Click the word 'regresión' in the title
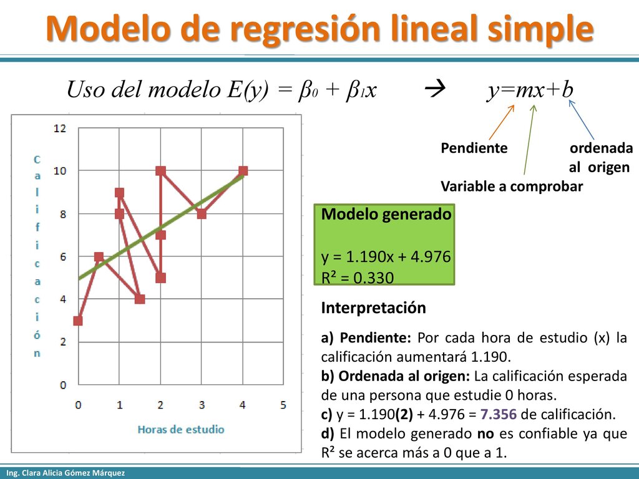coord(306,29)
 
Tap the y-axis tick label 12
coord(59,128)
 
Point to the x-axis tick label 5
coord(283,405)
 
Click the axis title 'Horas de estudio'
coord(181,429)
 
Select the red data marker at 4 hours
coord(243,171)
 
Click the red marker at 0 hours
coord(78,321)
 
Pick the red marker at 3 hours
coord(202,213)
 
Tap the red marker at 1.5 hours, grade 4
coord(140,299)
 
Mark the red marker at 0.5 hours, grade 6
coord(99,256)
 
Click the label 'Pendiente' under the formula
coord(474,148)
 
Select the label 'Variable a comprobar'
coord(512,186)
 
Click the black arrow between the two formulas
coord(435,89)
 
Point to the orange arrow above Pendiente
coord(502,122)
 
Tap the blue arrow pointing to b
coord(581,120)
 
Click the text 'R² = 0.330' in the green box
coord(358,278)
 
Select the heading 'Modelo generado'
coord(386,214)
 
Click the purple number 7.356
coord(499,414)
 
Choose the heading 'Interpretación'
coord(373,307)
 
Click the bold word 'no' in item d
coord(485,434)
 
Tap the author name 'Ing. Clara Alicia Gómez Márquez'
coord(66,473)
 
